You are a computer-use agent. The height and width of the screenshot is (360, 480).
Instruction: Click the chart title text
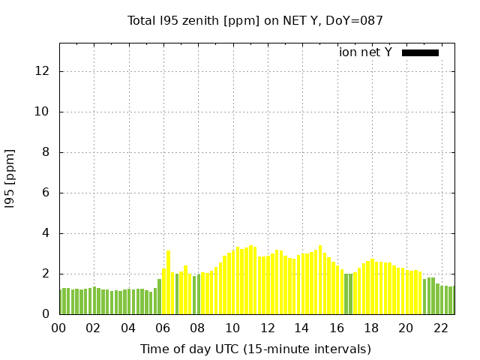256,20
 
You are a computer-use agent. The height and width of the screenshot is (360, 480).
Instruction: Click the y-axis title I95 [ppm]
10,178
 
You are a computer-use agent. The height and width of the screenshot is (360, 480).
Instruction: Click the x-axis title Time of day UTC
256,349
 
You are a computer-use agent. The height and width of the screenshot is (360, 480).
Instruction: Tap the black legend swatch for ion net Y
420,52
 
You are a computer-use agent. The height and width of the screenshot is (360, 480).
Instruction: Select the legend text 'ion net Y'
365,52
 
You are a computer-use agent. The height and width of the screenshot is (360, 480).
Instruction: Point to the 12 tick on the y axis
43,71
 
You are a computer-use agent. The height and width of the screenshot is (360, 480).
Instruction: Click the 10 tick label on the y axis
43,112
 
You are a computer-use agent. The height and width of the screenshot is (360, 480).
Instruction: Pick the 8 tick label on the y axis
46,152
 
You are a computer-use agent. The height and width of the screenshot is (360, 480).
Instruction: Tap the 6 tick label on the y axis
46,193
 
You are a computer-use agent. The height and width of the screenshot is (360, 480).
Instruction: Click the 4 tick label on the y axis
46,233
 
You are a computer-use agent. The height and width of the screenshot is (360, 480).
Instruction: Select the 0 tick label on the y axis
46,314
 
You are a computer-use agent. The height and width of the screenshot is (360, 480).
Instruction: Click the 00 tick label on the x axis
59,328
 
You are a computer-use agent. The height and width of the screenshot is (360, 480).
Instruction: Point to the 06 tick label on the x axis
163,328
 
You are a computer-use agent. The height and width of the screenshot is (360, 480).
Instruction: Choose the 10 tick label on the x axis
232,328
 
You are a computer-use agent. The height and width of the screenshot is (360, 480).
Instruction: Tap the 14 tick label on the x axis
301,328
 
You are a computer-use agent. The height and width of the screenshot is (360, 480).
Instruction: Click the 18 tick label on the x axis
370,328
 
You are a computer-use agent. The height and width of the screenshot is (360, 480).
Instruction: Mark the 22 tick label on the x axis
440,328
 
